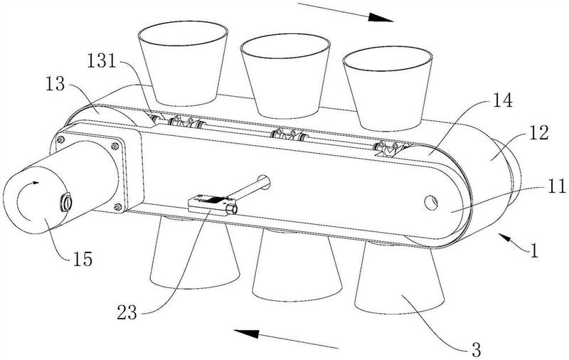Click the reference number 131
point(102,61)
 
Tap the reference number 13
point(55,84)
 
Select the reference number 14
point(502,100)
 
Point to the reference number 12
point(539,133)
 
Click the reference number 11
point(555,186)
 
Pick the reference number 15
point(83,259)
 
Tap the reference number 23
point(127,313)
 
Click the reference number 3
point(477,349)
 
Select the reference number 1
point(534,250)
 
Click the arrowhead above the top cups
point(381,17)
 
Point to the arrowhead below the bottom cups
point(246,334)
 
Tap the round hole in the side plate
point(431,203)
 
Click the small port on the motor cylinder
point(67,202)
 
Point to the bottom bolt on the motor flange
point(117,208)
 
